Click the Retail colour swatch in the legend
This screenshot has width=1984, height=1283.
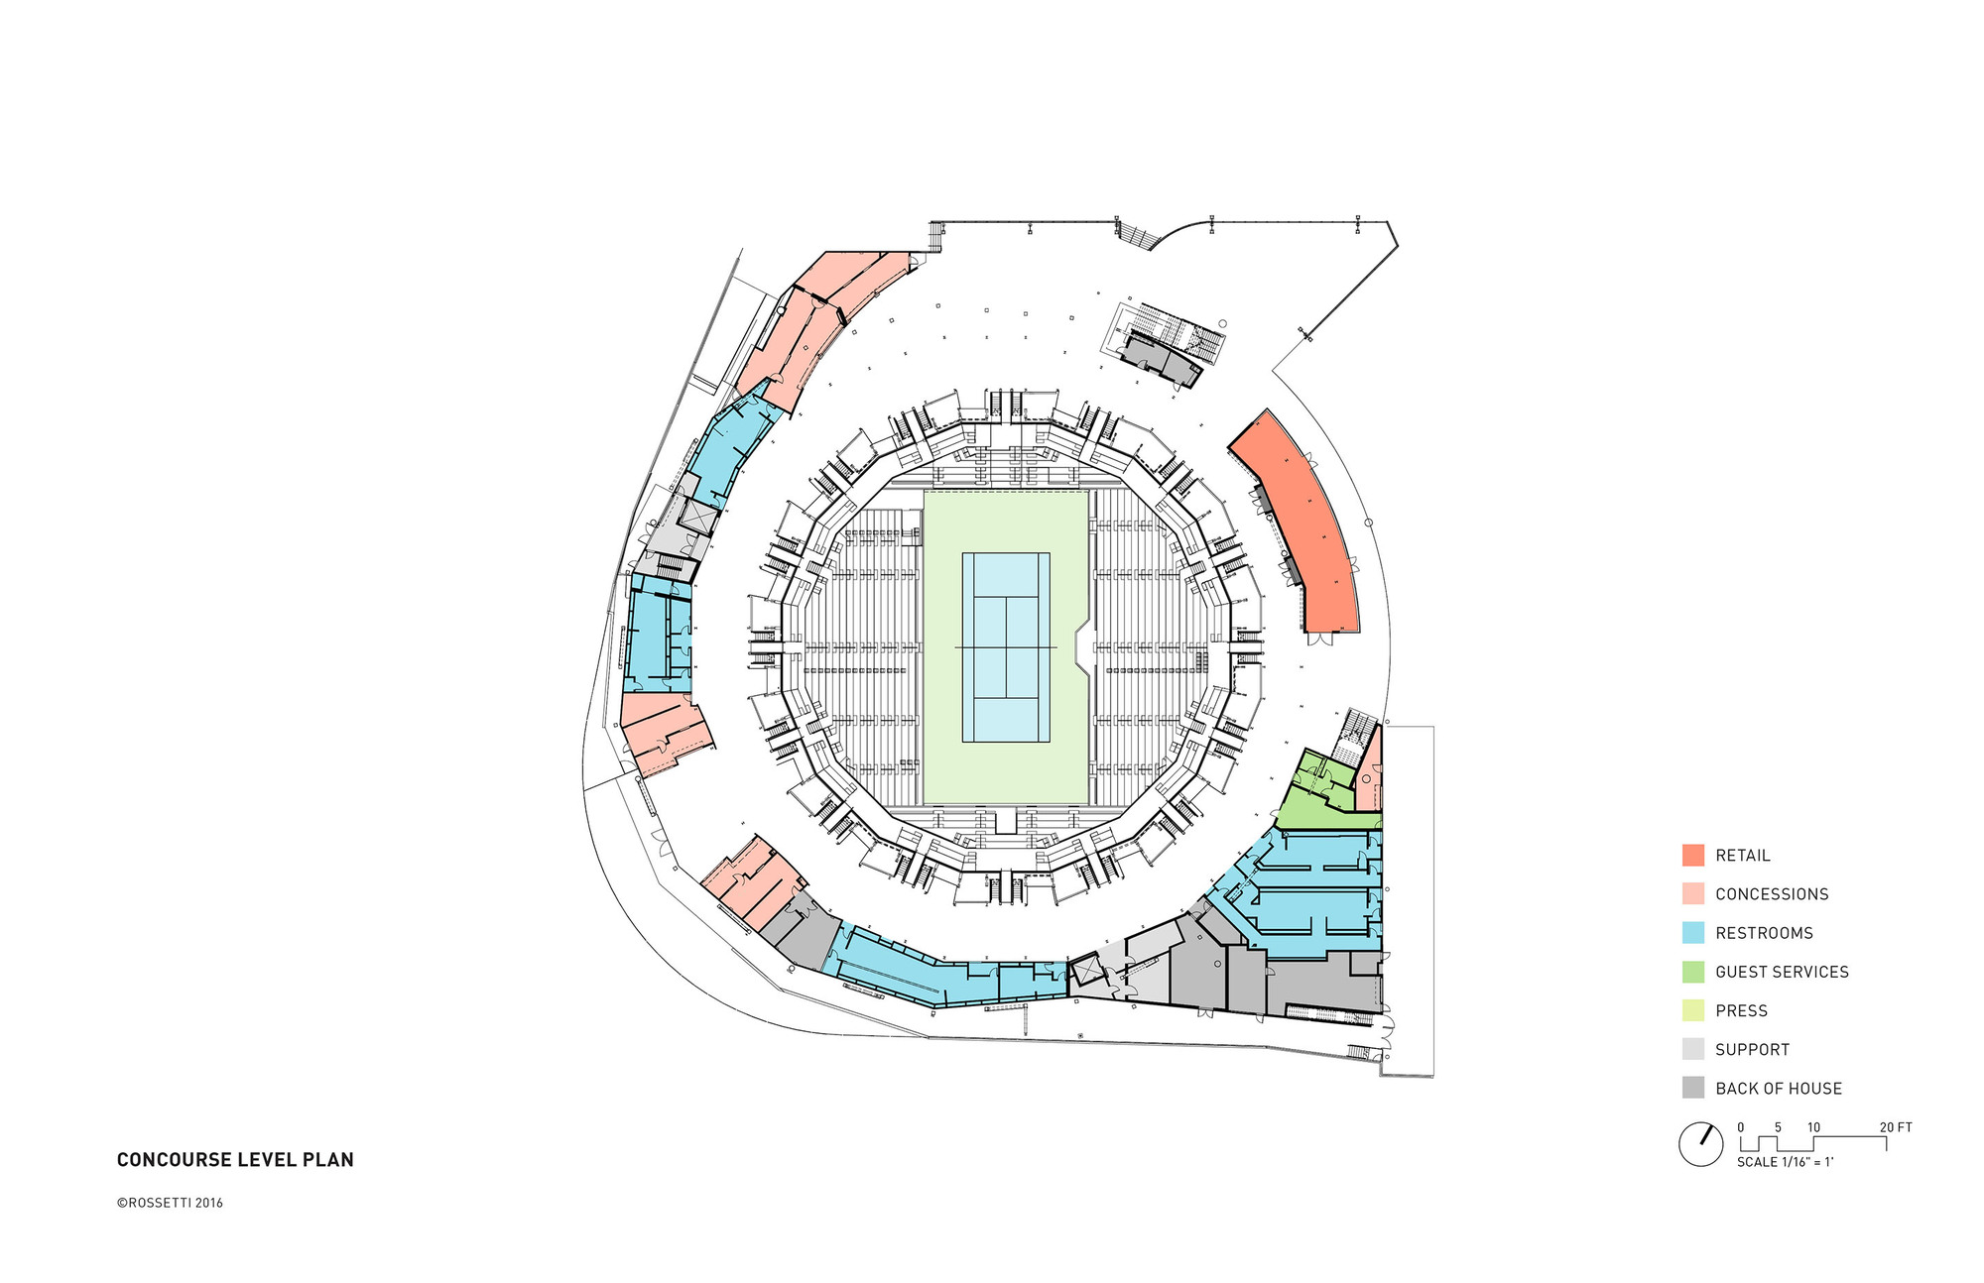(1692, 855)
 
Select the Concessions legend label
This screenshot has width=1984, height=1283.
(1772, 894)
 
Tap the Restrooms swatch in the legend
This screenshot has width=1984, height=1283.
(1692, 933)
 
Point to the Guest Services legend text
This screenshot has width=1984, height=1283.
(1782, 972)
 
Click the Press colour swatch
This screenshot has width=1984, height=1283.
(1692, 1010)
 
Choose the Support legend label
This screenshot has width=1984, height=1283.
(1752, 1049)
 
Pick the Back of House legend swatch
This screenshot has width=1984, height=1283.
(1692, 1088)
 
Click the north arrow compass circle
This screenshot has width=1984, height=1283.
(1700, 1144)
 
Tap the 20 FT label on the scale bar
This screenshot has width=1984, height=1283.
(1896, 1127)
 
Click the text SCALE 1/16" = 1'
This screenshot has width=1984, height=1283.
(1785, 1162)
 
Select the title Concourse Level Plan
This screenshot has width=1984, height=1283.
(235, 1160)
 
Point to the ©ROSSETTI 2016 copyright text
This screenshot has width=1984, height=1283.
(170, 1203)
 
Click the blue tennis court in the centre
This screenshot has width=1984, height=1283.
(1006, 646)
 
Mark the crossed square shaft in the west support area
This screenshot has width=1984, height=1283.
(697, 517)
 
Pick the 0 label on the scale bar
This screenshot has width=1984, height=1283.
(1741, 1127)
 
